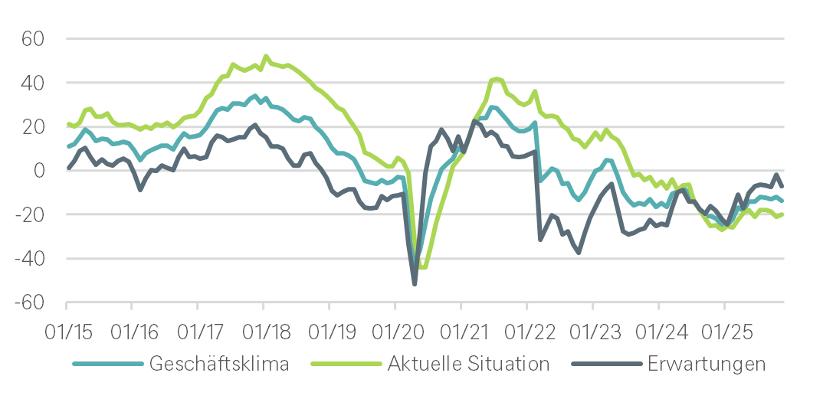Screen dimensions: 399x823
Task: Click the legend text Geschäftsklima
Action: (219, 364)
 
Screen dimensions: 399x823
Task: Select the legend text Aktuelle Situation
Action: (469, 364)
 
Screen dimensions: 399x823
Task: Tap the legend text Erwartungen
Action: (706, 364)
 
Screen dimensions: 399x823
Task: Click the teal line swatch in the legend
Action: (108, 364)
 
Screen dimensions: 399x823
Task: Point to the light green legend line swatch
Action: (346, 364)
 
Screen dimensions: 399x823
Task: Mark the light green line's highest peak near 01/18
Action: (266, 56)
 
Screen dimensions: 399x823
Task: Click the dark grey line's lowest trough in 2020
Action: (415, 284)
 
